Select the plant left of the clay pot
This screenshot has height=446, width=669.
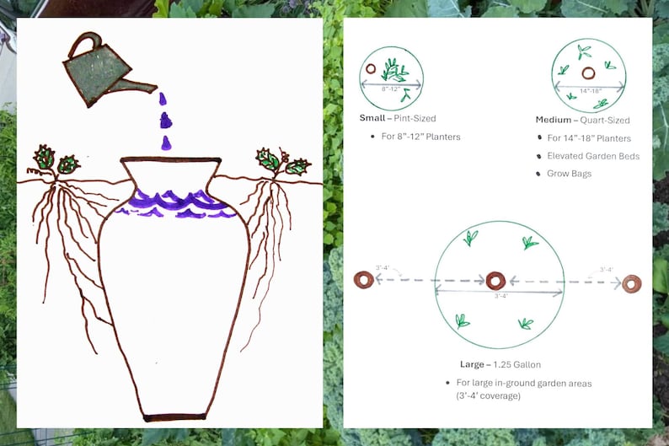[55, 159]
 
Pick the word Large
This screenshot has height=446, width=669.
[471, 364]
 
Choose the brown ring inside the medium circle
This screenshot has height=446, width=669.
[587, 73]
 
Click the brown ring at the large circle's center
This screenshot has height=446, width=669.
[495, 281]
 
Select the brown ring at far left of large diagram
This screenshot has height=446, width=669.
[364, 279]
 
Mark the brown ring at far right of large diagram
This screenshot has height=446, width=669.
[631, 282]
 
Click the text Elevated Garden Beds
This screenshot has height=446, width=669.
[593, 156]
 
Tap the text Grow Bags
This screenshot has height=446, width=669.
[569, 174]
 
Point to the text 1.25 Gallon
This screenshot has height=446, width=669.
[516, 364]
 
